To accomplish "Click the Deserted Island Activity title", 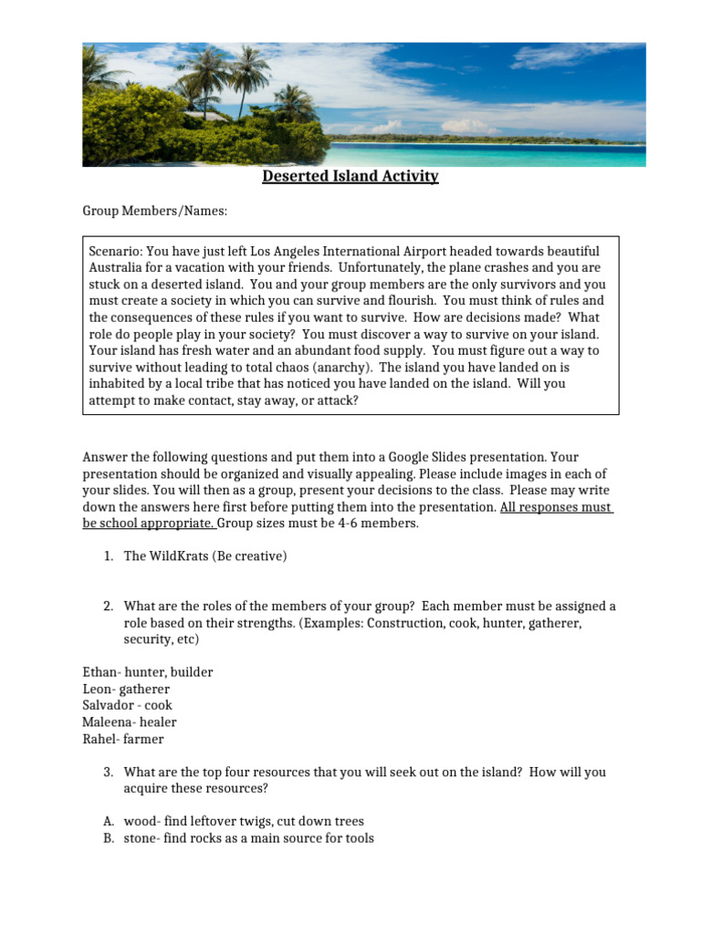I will pyautogui.click(x=350, y=176).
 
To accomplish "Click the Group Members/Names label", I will pyautogui.click(x=154, y=212).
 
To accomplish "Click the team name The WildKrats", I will pyautogui.click(x=165, y=556).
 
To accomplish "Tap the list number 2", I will pyautogui.click(x=108, y=607).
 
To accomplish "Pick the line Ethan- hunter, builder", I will pyautogui.click(x=147, y=672).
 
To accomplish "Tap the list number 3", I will pyautogui.click(x=108, y=773).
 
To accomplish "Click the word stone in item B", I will pyautogui.click(x=141, y=838).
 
